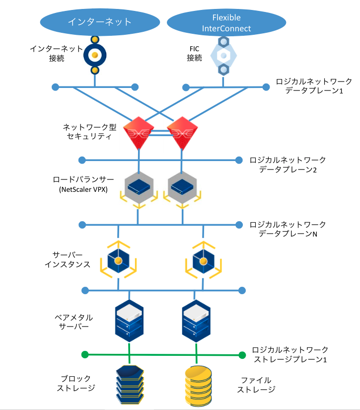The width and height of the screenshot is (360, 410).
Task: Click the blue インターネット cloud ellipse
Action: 100,21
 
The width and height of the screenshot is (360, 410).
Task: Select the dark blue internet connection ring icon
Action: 93,54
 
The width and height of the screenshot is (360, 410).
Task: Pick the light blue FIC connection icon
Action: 224,55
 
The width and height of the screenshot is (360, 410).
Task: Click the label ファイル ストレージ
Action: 255,384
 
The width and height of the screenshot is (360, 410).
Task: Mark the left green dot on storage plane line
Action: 84,355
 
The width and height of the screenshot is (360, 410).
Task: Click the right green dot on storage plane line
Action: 242,355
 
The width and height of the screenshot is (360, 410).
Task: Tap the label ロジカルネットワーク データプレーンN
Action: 288,229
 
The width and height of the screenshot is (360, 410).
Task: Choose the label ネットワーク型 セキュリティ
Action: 89,132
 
